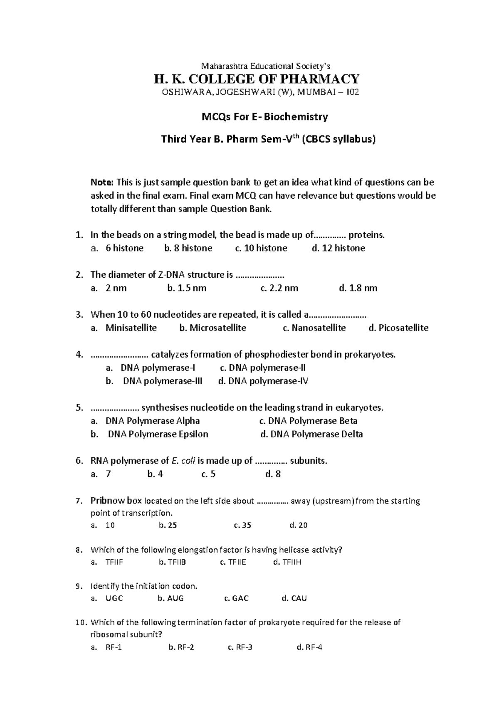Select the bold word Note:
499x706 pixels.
[102, 182]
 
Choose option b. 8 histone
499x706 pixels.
[188, 248]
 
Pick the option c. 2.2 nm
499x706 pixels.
[279, 288]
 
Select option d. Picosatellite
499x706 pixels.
[398, 328]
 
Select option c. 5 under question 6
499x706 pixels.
[208, 474]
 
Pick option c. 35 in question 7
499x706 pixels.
[242, 525]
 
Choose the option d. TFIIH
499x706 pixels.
[287, 562]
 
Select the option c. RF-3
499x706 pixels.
[240, 647]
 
